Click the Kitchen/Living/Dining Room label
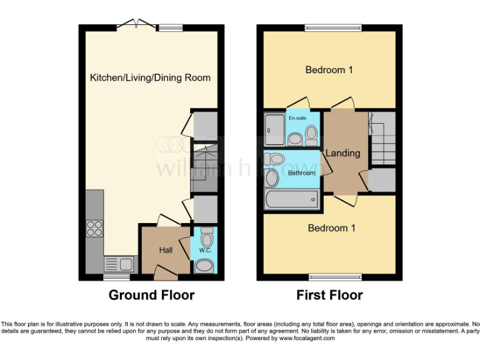[x=150, y=78]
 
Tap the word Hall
[x=166, y=251]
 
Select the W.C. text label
[x=206, y=251]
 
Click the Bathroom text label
[x=301, y=172]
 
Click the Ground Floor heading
[x=151, y=295]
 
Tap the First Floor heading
[x=329, y=295]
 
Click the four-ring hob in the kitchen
[x=94, y=229]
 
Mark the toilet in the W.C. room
[x=207, y=237]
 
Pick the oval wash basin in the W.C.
[x=204, y=266]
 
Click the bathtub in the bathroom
[x=291, y=201]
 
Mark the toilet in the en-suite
[x=311, y=133]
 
